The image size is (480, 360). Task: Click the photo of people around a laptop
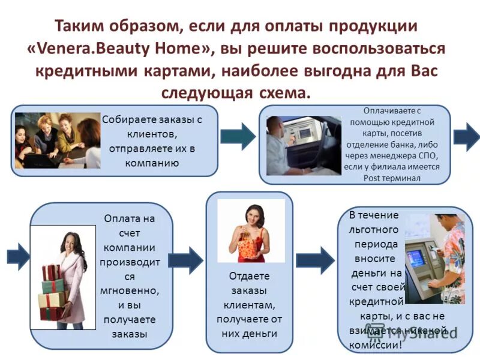point(58,140)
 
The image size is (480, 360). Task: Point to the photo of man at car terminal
point(303,145)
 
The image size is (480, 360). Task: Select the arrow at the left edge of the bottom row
point(18,257)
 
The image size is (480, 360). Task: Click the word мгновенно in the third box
point(129,291)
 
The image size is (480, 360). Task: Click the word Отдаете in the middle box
point(249,277)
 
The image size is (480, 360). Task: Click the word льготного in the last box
point(374,231)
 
